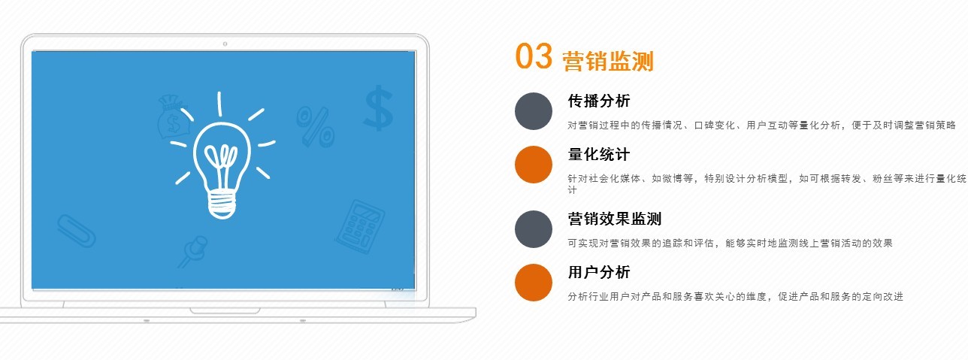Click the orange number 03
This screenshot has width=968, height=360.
pos(534,56)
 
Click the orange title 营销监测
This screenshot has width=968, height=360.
pos(608,61)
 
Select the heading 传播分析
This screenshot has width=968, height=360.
pos(599,101)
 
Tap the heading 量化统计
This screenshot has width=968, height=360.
pos(599,154)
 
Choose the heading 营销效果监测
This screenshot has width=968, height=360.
pos(615,219)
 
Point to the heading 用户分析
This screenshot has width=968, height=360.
pos(599,272)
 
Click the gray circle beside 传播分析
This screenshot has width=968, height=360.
pos(534,111)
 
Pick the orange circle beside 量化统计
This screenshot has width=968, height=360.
pos(534,165)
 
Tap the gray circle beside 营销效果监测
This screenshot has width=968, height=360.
pos(534,229)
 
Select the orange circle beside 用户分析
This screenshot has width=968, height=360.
pos(534,283)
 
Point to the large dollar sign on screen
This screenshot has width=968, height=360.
pos(379,108)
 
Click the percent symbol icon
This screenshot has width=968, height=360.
pos(316,126)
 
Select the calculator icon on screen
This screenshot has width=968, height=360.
pos(360,226)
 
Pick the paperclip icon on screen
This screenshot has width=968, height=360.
pos(76,231)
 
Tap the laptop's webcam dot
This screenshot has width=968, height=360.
pos(225,44)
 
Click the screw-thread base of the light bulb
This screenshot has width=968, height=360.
pos(222,205)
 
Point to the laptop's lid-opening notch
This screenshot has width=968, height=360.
pos(225,310)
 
